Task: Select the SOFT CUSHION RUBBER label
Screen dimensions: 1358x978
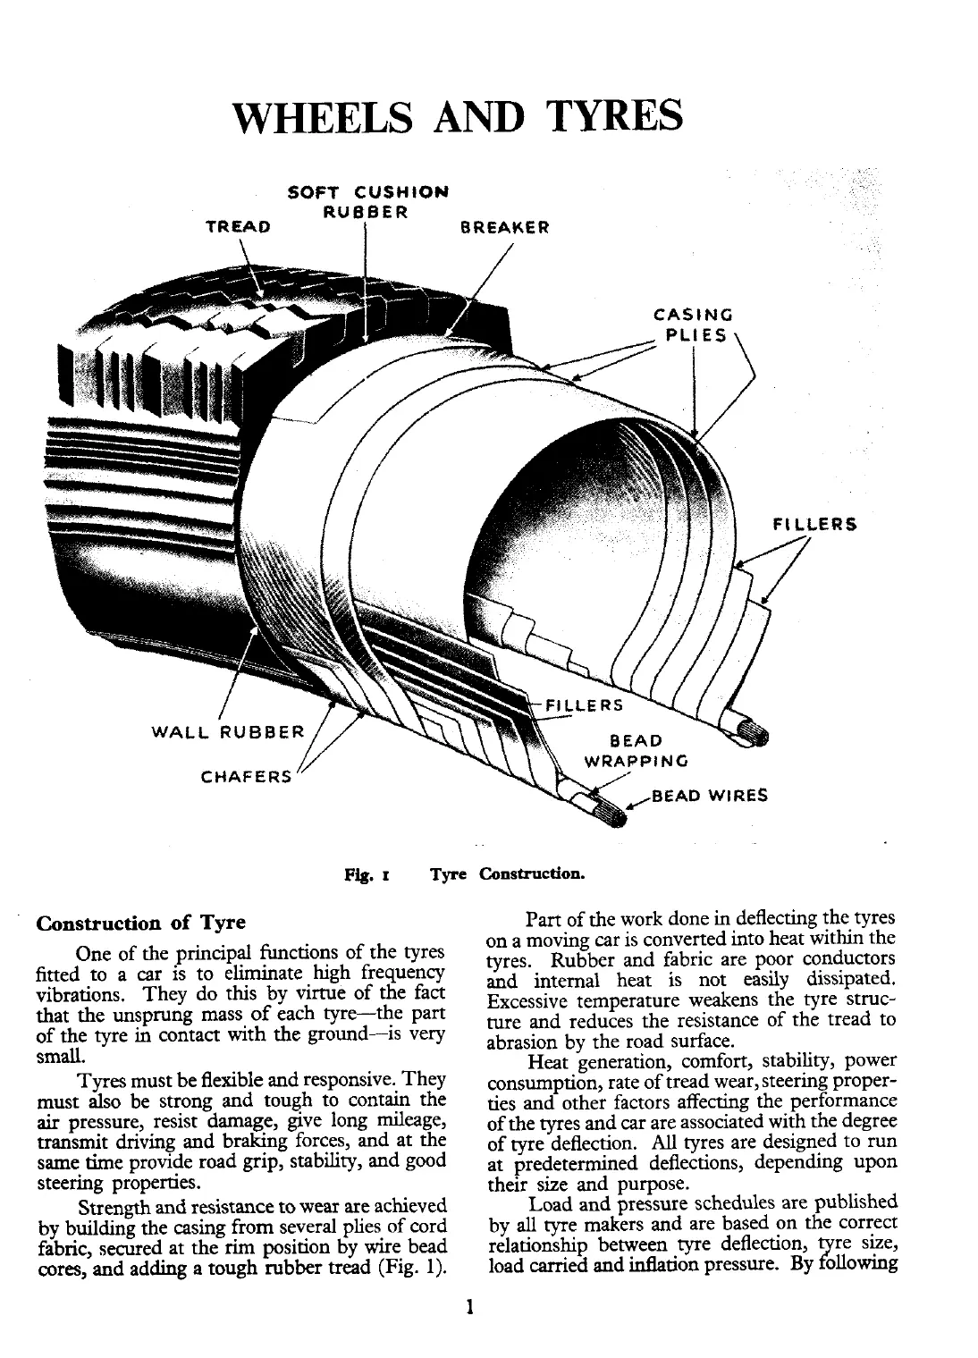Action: point(367,202)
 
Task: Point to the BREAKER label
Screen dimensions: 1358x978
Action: point(504,227)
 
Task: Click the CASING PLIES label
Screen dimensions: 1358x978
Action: point(694,325)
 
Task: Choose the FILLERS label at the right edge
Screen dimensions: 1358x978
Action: point(814,525)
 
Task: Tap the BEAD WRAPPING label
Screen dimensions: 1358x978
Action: point(636,751)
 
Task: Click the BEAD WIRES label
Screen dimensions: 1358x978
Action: point(710,795)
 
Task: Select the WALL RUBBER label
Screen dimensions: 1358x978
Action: point(228,732)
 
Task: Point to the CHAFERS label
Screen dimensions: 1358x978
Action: point(247,776)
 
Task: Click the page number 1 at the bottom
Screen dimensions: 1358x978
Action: point(468,1309)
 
